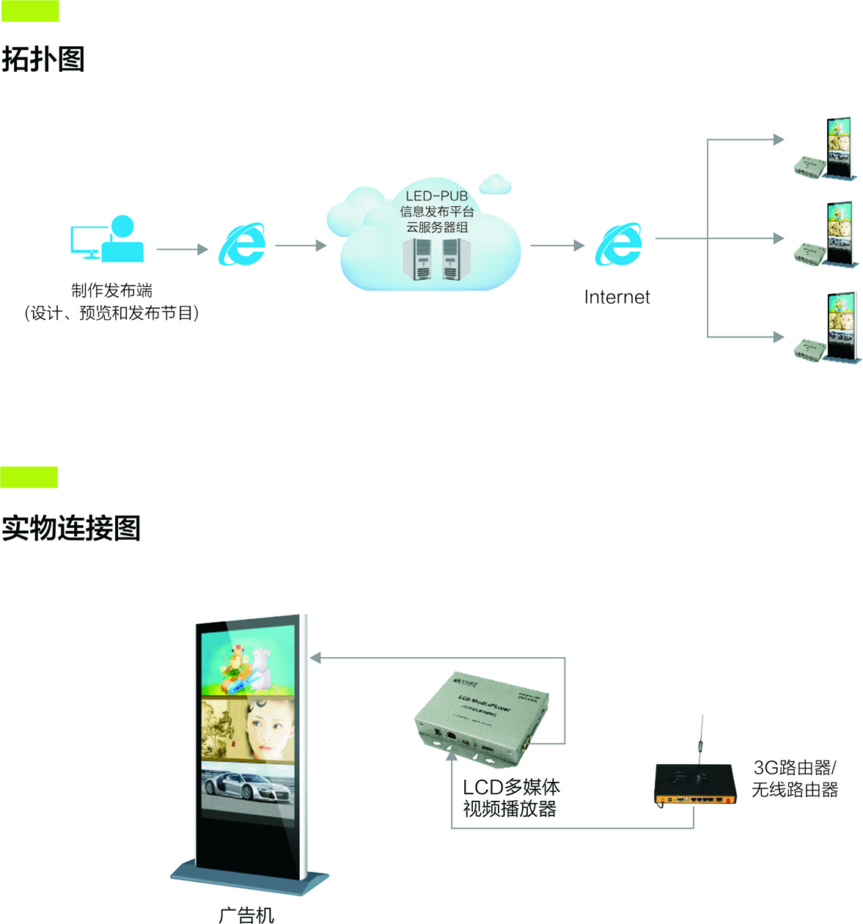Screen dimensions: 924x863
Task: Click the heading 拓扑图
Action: (x=43, y=59)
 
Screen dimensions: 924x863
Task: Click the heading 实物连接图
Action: (x=71, y=528)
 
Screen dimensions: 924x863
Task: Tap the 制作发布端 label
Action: (x=111, y=290)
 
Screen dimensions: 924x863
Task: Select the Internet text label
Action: (x=617, y=297)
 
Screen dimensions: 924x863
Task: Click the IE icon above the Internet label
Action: (x=619, y=244)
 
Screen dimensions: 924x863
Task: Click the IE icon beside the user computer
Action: (x=242, y=244)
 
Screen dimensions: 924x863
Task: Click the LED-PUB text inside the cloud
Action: (x=437, y=197)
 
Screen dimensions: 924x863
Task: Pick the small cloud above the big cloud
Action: (x=496, y=183)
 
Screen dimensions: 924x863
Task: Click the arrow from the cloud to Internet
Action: (x=557, y=246)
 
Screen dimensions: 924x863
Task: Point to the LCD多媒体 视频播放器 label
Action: (x=510, y=798)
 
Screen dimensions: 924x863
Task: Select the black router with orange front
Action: (x=694, y=785)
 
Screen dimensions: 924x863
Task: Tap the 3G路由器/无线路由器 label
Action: (x=795, y=779)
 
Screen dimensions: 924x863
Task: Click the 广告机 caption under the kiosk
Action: (x=246, y=914)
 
